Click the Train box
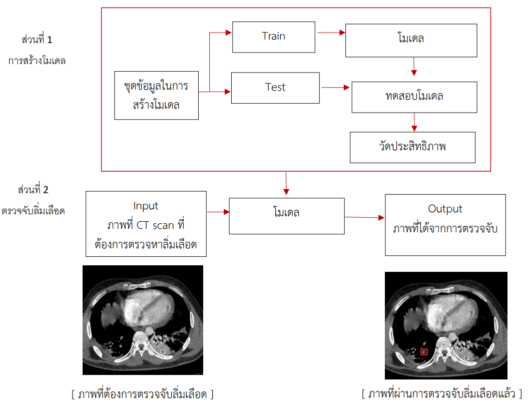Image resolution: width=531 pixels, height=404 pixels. [x=274, y=37]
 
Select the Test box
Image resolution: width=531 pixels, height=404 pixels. [x=275, y=88]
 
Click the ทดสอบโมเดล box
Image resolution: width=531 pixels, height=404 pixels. [x=414, y=97]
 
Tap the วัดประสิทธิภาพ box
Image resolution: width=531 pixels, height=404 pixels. [x=412, y=147]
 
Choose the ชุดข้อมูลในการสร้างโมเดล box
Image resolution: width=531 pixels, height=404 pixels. [x=157, y=96]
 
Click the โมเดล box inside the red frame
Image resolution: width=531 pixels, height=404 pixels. [x=411, y=40]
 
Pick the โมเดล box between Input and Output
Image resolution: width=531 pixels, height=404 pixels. [x=287, y=216]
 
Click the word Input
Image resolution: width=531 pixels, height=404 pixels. [x=146, y=206]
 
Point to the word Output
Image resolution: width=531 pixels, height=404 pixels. [x=445, y=209]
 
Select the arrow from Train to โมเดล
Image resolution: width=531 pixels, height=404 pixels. [x=331, y=33]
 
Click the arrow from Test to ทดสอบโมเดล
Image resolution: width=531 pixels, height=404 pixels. [x=335, y=88]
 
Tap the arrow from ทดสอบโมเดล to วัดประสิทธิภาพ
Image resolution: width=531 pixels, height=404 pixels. [x=414, y=122]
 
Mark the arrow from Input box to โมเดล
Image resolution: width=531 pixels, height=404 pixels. [x=218, y=212]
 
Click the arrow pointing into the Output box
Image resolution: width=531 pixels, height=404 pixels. [x=364, y=217]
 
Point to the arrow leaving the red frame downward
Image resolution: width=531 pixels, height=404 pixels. [x=286, y=184]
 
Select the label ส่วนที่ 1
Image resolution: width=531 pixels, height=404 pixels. [x=37, y=40]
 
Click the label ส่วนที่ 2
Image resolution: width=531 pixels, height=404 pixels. [x=33, y=190]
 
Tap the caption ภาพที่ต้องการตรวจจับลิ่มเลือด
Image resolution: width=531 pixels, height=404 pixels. [x=142, y=394]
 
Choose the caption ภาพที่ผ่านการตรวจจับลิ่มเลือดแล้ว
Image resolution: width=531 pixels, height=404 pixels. [x=442, y=394]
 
